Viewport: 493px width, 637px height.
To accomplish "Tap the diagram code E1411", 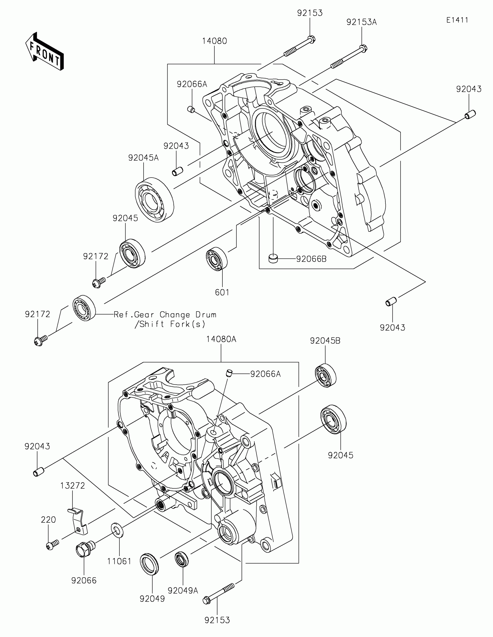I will (457, 20).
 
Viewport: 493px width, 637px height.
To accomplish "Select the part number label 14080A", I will (221, 339).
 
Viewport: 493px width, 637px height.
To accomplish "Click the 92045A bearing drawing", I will (155, 200).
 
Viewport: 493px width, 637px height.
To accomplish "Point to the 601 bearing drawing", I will (217, 258).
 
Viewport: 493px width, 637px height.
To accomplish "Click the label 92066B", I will (311, 259).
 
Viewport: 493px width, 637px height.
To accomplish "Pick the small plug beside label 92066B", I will (273, 258).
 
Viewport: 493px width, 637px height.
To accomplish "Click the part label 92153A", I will (362, 22).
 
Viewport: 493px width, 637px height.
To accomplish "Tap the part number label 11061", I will (119, 561).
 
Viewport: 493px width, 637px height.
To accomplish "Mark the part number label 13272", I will (72, 486).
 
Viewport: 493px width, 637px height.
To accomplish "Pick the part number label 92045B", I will (325, 341).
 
